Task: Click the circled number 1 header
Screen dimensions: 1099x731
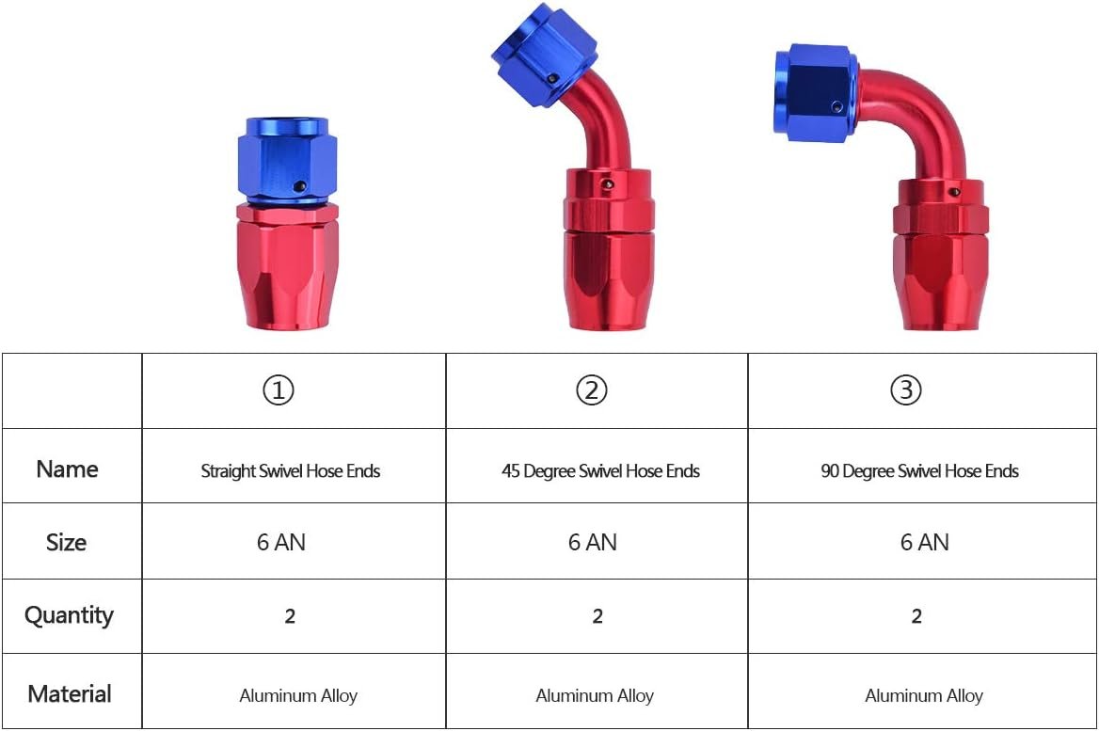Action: coord(279,390)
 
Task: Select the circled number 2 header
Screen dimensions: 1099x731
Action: coord(592,390)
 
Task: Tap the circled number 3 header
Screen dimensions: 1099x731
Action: coord(905,389)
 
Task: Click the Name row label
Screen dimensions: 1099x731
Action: coord(68,469)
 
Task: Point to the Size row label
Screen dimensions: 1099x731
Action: coord(67,543)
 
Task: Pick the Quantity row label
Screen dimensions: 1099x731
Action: coord(69,615)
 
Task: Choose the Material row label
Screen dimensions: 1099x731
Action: coord(70,694)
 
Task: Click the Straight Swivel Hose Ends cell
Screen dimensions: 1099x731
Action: coord(291,471)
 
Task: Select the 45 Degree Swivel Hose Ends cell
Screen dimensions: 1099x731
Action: coord(600,471)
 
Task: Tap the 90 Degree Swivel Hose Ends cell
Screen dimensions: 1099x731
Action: coord(919,471)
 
